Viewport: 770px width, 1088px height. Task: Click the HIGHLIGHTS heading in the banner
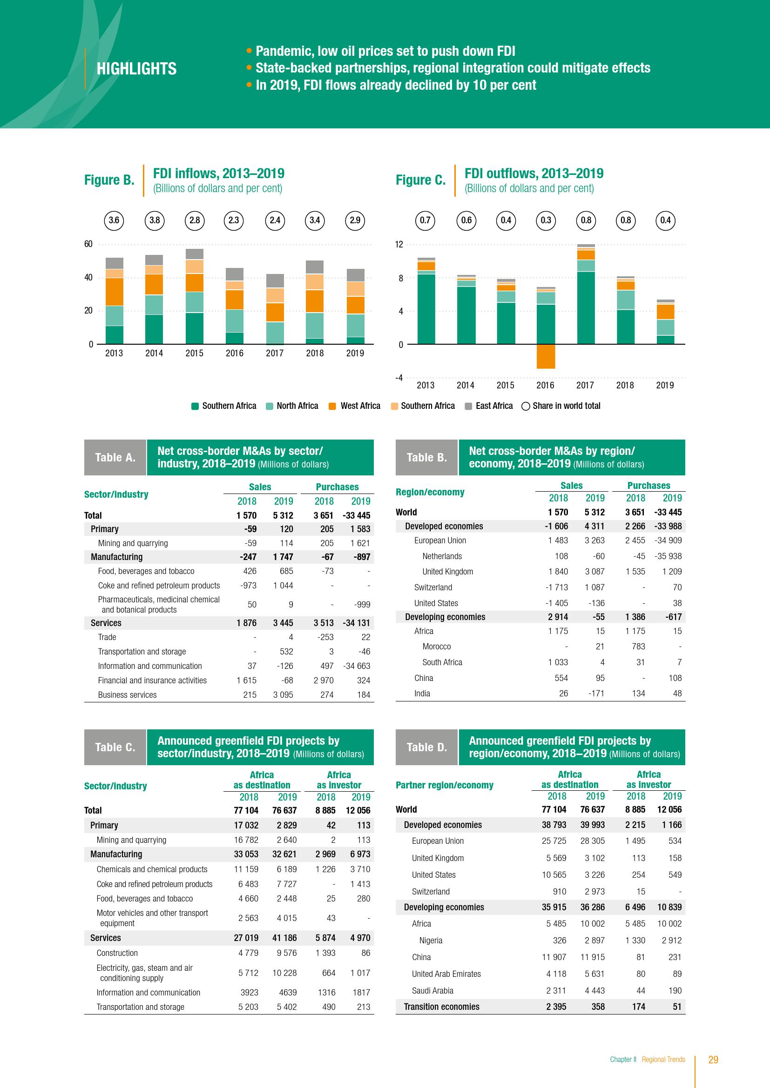[x=136, y=69]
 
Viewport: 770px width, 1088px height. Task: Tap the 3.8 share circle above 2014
[x=155, y=220]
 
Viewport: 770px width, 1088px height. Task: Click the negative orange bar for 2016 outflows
[x=546, y=356]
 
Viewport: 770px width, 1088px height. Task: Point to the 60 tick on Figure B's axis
[x=88, y=245]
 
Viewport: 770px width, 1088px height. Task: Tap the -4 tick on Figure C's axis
[x=399, y=378]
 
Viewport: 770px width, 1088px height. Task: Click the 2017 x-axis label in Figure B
[x=275, y=353]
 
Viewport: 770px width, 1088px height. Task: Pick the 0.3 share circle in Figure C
[x=546, y=220]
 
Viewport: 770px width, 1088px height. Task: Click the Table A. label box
[x=115, y=457]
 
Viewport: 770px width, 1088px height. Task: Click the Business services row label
[x=127, y=694]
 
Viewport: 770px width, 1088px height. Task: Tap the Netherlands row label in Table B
[x=442, y=556]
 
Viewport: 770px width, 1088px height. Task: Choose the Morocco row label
[x=436, y=647]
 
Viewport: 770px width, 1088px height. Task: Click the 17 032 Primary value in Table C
[x=246, y=825]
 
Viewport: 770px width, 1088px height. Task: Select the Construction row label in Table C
[x=117, y=953]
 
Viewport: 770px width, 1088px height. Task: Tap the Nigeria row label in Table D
[x=431, y=940]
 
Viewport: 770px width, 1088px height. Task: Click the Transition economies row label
[x=441, y=1007]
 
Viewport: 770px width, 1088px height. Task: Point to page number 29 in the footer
[x=713, y=1060]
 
